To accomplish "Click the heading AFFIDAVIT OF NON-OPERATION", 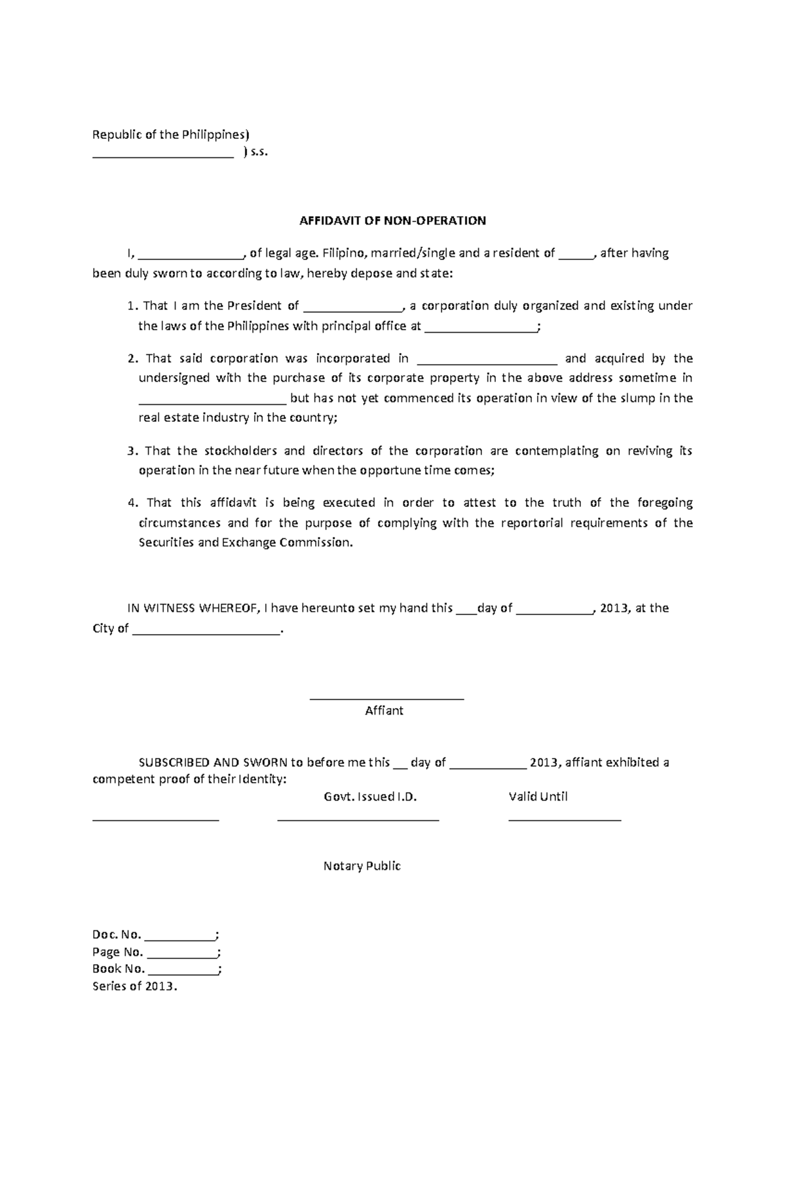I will [x=392, y=221].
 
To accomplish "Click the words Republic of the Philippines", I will [x=170, y=135].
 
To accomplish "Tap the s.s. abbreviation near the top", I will [x=260, y=153].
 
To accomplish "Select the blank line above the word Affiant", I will [x=386, y=698].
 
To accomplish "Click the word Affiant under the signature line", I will [x=384, y=711].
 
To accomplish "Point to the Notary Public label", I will [x=362, y=866].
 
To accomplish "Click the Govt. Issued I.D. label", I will [x=370, y=797].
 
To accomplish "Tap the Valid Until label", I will [x=538, y=797].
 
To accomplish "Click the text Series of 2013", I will [x=135, y=986].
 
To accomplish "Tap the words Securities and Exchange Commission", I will [x=245, y=543].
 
